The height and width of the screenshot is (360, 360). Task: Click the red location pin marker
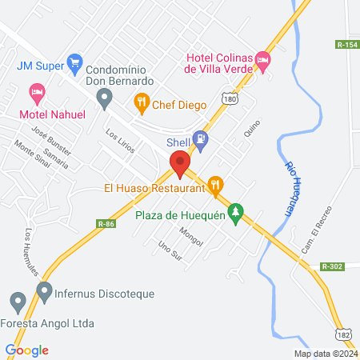(180, 164)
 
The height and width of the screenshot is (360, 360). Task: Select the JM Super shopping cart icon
(75, 61)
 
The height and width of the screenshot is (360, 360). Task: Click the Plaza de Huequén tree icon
(235, 213)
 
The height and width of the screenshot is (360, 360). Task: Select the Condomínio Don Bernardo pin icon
(104, 99)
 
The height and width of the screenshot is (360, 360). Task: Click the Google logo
(26, 350)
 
